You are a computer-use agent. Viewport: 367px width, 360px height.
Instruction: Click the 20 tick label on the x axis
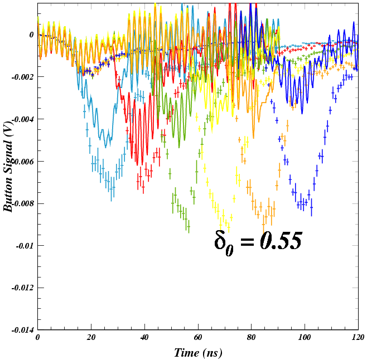coord(91,338)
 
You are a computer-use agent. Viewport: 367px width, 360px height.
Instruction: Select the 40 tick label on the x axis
coord(144,338)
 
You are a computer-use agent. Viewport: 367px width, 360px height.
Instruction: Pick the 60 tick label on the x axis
coord(198,338)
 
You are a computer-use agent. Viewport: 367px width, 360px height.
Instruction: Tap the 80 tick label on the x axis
coord(251,338)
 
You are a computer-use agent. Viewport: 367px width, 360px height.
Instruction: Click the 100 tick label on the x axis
coord(305,338)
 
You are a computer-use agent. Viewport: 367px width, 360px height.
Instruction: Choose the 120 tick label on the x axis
coord(358,338)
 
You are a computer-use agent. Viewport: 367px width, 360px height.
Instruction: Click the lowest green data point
coord(189,227)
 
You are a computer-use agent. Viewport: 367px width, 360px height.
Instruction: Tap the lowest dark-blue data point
coord(312,210)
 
